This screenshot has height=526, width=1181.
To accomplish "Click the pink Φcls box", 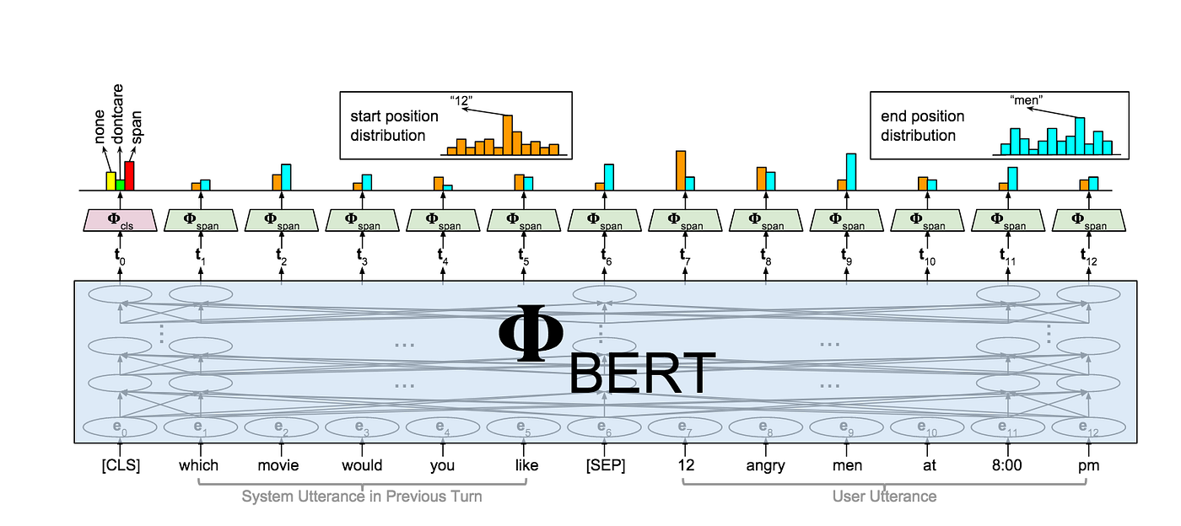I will (120, 221).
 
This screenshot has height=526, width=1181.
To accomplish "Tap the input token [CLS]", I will (120, 465).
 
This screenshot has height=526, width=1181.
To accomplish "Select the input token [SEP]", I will (604, 465).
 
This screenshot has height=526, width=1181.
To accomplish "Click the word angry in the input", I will (765, 465).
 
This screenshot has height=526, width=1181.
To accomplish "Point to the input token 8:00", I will (1007, 465).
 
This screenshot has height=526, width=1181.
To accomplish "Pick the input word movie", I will (281, 465).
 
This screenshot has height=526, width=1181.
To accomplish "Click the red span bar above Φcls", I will (129, 175).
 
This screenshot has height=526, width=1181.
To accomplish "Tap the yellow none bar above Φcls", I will (111, 180).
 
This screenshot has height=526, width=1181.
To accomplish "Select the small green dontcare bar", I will (120, 185).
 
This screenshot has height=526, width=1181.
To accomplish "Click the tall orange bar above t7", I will (680, 170).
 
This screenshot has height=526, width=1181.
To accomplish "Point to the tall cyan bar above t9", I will (851, 172).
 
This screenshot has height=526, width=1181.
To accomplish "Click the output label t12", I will (1088, 255).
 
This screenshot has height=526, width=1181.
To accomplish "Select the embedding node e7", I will (685, 427).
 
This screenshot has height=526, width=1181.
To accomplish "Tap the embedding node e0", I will (120, 427).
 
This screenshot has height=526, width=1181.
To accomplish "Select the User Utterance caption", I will (884, 496).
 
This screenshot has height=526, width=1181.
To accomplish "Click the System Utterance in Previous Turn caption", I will (362, 496).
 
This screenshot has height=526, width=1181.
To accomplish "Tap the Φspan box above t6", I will (604, 221).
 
